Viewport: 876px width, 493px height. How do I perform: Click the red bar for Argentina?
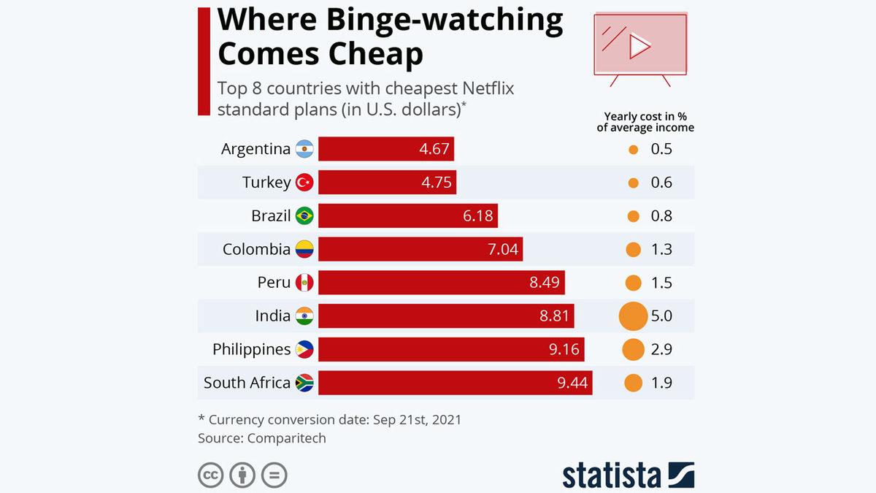pyautogui.click(x=386, y=149)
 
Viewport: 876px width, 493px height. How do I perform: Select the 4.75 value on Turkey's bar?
pyautogui.click(x=436, y=183)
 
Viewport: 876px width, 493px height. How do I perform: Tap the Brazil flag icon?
pyautogui.click(x=304, y=216)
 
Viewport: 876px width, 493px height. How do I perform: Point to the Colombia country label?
pyautogui.click(x=256, y=249)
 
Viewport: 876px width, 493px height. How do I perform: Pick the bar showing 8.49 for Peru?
pyautogui.click(x=441, y=283)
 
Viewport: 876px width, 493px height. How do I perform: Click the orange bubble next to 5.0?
pyautogui.click(x=633, y=316)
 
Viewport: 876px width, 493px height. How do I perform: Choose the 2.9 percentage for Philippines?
pyautogui.click(x=661, y=349)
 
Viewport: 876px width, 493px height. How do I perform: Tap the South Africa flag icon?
pyautogui.click(x=304, y=383)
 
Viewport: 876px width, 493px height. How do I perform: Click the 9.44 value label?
pyautogui.click(x=572, y=383)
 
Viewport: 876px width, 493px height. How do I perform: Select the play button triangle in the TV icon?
pyautogui.click(x=640, y=47)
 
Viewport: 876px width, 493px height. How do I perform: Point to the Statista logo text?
pyautogui.click(x=612, y=475)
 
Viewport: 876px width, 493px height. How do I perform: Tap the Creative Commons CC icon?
pyautogui.click(x=211, y=475)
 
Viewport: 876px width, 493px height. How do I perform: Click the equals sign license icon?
pyautogui.click(x=274, y=475)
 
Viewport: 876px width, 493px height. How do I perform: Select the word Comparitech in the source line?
pyautogui.click(x=287, y=438)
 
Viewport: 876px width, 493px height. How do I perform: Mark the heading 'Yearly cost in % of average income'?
pyautogui.click(x=645, y=122)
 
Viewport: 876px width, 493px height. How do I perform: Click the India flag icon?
pyautogui.click(x=304, y=316)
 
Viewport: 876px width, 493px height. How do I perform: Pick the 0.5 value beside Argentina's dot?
pyautogui.click(x=661, y=149)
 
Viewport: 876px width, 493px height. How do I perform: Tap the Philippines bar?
pyautogui.click(x=451, y=349)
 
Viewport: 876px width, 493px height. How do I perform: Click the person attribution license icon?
pyautogui.click(x=242, y=475)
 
